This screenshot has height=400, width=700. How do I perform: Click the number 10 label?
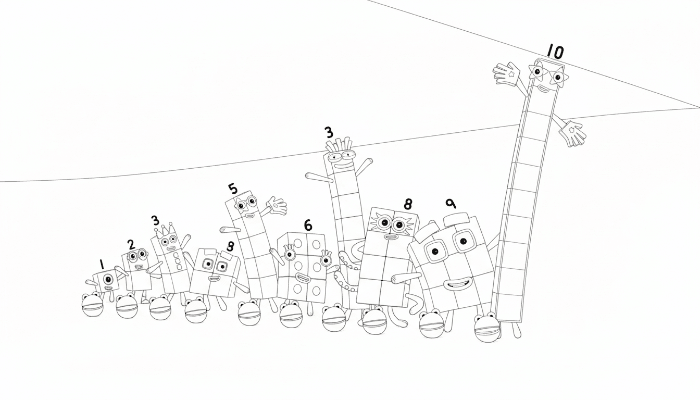555,52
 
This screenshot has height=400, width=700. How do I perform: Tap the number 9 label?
451,203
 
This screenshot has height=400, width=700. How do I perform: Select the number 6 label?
308,225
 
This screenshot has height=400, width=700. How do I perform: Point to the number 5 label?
232,189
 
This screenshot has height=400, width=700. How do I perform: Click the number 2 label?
131,244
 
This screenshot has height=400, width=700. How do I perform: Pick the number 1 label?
102,265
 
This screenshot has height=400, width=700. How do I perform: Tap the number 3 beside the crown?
155,220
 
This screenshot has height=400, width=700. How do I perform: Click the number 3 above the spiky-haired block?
328,132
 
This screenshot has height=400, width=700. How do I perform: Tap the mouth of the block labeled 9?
454,284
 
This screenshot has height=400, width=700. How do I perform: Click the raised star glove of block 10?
507,74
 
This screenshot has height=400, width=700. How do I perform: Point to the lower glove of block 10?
573,132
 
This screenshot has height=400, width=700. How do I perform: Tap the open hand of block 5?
276,206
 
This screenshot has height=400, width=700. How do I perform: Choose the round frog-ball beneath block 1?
92,305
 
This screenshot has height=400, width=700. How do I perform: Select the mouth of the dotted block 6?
301,276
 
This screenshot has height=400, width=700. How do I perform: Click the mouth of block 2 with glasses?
139,267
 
